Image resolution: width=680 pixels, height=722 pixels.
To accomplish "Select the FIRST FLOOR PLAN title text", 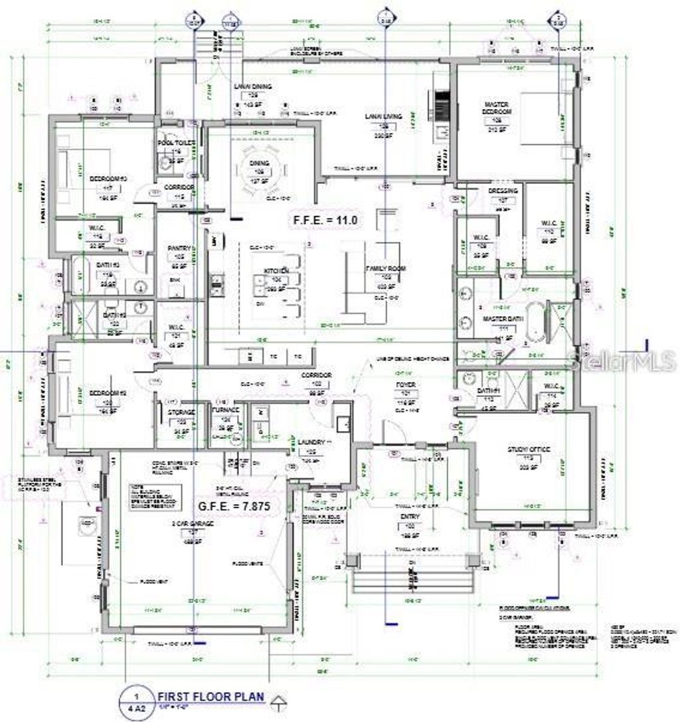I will tap(211, 697).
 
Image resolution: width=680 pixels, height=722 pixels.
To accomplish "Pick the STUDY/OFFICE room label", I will tap(529, 450).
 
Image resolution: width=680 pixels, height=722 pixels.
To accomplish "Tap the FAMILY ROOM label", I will tap(385, 268).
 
